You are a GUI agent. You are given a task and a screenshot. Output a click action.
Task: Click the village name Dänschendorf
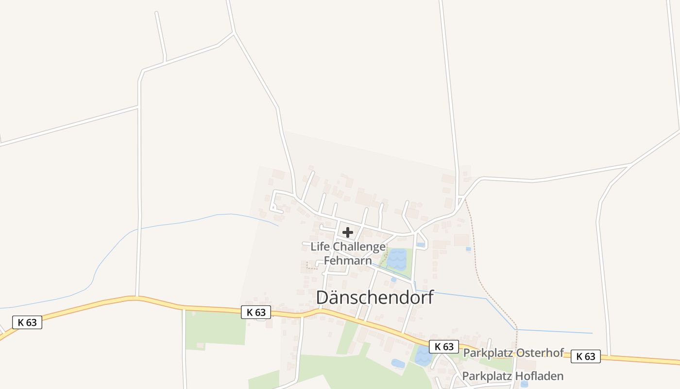374,298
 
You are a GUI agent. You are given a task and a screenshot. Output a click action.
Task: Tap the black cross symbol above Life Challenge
348,232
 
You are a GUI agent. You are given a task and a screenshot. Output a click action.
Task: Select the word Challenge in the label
359,247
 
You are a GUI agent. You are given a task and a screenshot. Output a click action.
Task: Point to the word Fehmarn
348,261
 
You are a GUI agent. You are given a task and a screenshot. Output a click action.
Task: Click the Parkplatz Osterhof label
513,353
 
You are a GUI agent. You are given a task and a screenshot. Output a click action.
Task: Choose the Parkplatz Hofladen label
512,376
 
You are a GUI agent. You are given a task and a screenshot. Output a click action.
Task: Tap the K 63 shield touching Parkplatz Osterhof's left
443,347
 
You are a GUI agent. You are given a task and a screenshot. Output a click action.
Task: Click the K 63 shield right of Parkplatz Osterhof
585,356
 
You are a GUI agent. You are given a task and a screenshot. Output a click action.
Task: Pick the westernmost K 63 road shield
27,322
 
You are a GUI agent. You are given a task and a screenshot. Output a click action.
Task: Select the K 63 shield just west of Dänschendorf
256,313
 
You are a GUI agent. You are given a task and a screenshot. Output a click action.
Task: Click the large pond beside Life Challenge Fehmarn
397,259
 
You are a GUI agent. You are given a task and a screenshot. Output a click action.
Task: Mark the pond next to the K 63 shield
423,356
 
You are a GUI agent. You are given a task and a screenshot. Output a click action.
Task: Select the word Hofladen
540,376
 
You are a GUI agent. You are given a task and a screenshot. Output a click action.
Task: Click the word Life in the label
320,247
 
